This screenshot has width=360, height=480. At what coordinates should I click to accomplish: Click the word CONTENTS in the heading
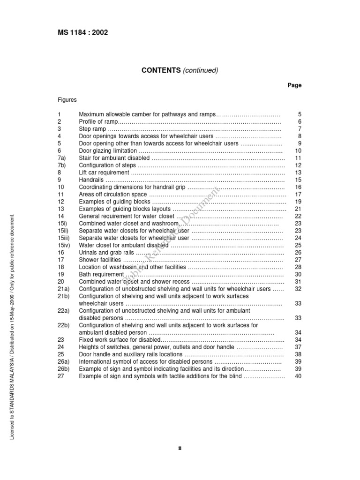[x=161, y=70]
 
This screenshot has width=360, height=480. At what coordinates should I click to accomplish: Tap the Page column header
[x=294, y=85]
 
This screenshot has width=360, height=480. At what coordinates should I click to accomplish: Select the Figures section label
[x=67, y=100]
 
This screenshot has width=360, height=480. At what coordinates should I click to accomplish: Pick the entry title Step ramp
[x=93, y=129]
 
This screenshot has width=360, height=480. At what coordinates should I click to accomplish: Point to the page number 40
[x=298, y=376]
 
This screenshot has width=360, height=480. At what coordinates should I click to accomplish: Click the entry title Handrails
[x=91, y=180]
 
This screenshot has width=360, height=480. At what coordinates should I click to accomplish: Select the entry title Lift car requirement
[x=103, y=173]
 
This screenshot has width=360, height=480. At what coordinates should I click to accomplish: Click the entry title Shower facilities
[x=100, y=260]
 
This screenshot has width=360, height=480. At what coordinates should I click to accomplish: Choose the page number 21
[x=298, y=209]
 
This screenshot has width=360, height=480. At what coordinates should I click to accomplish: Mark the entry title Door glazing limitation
[x=108, y=151]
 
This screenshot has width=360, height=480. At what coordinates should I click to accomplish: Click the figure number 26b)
[x=64, y=369]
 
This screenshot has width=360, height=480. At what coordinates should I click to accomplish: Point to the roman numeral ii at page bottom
[x=180, y=448]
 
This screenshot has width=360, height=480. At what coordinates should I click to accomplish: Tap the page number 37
[x=298, y=347]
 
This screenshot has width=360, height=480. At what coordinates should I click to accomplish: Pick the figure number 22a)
[x=64, y=311]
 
